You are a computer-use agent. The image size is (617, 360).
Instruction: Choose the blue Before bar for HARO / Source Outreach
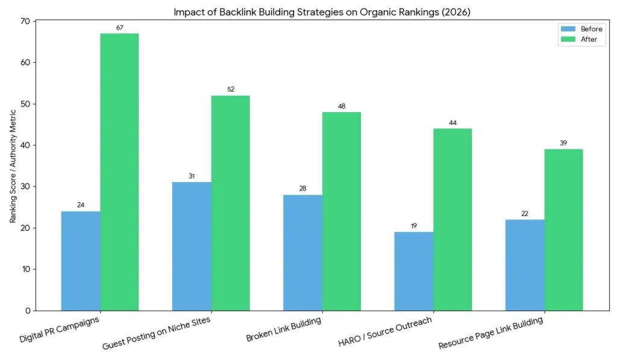click(x=413, y=271)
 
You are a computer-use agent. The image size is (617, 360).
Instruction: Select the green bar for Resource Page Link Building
click(x=563, y=230)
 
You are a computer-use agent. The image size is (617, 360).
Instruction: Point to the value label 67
click(x=119, y=28)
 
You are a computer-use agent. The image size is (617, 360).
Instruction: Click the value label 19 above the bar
click(x=413, y=226)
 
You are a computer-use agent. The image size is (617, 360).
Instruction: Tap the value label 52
click(x=230, y=89)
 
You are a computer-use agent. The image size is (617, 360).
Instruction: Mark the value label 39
click(x=563, y=143)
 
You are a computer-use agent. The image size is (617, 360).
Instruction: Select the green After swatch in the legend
click(x=567, y=39)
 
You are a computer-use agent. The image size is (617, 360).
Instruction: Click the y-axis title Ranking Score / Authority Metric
click(x=13, y=166)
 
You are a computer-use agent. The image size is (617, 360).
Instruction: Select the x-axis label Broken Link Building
click(x=283, y=329)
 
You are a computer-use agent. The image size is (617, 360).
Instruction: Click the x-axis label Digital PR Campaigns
click(x=60, y=329)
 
